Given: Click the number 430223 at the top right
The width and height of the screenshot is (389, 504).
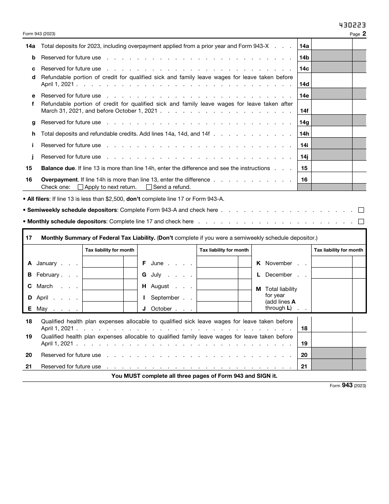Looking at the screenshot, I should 352,25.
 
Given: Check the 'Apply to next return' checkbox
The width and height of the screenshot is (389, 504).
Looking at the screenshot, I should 80,187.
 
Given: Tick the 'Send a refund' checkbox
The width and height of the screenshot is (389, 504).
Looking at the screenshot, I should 149,187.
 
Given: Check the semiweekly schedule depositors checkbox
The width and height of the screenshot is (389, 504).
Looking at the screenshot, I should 361,210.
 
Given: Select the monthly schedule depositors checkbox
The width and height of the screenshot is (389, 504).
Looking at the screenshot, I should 361,222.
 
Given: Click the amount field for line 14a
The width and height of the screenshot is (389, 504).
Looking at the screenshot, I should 332,46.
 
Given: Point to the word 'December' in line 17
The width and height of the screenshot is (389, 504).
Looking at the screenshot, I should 278,275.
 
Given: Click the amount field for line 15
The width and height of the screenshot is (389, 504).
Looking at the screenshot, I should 332,168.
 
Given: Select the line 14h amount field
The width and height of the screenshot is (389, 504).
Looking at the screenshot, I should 332,134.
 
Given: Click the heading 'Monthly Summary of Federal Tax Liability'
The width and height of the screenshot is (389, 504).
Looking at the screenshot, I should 98,238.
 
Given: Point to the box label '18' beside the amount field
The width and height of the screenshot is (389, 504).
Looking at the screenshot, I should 304,328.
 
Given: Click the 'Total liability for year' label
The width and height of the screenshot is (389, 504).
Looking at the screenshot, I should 281,292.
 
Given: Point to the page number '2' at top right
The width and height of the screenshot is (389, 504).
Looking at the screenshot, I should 364,34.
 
